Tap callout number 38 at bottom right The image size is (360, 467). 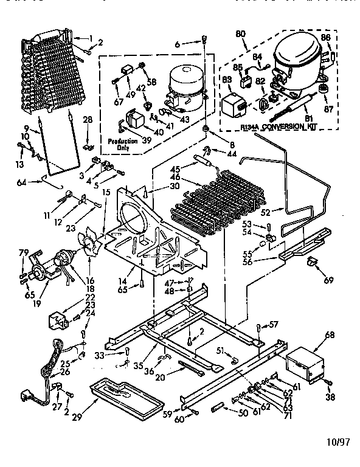(x=330, y=398)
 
